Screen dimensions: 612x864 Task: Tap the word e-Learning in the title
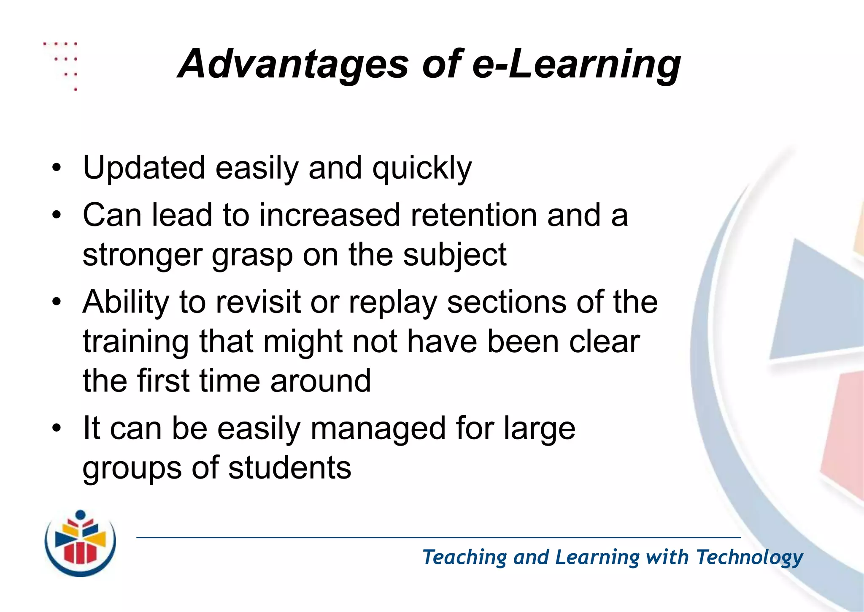[576, 64]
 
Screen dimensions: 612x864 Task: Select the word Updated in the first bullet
[144, 168]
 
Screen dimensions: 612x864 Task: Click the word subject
[454, 256]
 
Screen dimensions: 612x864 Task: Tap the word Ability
[126, 302]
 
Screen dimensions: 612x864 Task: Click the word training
[135, 342]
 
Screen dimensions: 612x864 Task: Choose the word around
[321, 381]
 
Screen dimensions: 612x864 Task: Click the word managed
[378, 429]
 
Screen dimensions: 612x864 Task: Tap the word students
[290, 468]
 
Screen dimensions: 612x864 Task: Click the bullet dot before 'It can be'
[57, 428]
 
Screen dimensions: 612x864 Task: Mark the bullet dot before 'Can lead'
[57, 215]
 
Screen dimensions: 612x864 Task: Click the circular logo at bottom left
[80, 543]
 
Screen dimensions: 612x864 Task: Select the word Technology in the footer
[749, 558]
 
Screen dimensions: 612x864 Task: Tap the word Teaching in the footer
[464, 558]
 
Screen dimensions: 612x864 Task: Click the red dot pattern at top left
[63, 63]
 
